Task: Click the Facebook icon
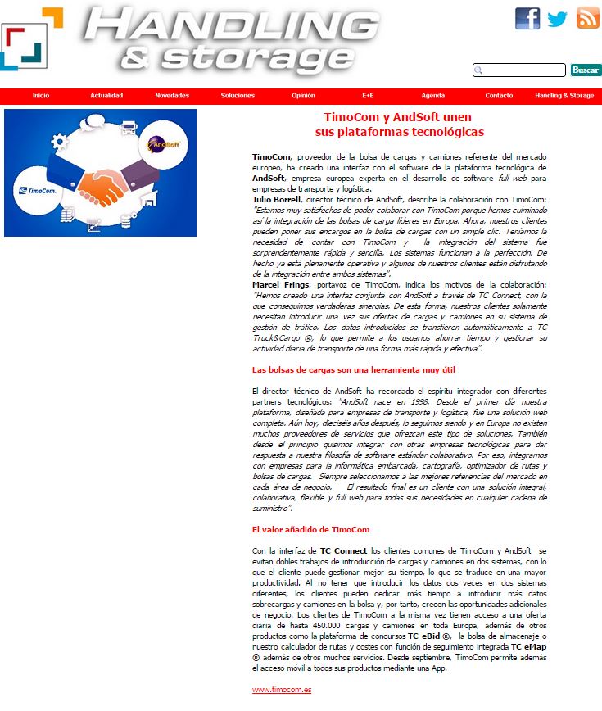pyautogui.click(x=527, y=18)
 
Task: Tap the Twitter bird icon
pyautogui.click(x=558, y=18)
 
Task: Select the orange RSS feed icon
pyautogui.click(x=587, y=18)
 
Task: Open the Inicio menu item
pyautogui.click(x=41, y=96)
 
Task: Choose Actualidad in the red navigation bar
pyautogui.click(x=106, y=96)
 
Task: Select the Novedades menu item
pyautogui.click(x=172, y=96)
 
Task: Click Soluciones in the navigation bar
pyautogui.click(x=238, y=96)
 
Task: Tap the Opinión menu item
pyautogui.click(x=303, y=96)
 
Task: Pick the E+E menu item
pyautogui.click(x=369, y=96)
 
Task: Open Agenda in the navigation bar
pyautogui.click(x=433, y=96)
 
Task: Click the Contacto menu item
pyautogui.click(x=499, y=96)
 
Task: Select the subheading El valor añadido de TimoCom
pyautogui.click(x=310, y=530)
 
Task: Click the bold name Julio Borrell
pyautogui.click(x=277, y=199)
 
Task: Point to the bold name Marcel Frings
pyautogui.click(x=279, y=284)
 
